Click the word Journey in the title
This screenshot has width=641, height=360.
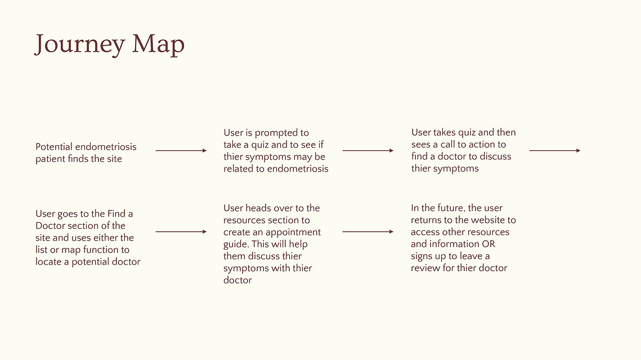[80, 44]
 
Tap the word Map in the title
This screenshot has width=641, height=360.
[158, 44]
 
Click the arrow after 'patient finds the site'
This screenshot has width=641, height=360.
[181, 150]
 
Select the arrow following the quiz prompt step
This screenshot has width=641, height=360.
[368, 150]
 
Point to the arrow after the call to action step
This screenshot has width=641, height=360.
[555, 150]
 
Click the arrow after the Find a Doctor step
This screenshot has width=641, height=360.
[181, 232]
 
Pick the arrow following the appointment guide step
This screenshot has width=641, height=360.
[368, 232]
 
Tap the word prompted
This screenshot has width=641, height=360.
[281, 133]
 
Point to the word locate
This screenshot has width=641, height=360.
[48, 262]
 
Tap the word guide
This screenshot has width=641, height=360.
[236, 244]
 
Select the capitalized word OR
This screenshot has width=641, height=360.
[489, 244]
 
